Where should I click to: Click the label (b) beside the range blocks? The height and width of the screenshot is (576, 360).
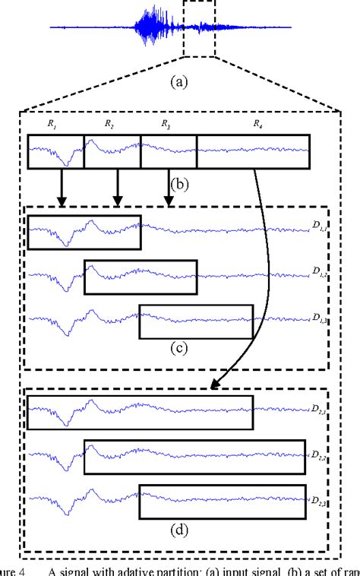point(179,183)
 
